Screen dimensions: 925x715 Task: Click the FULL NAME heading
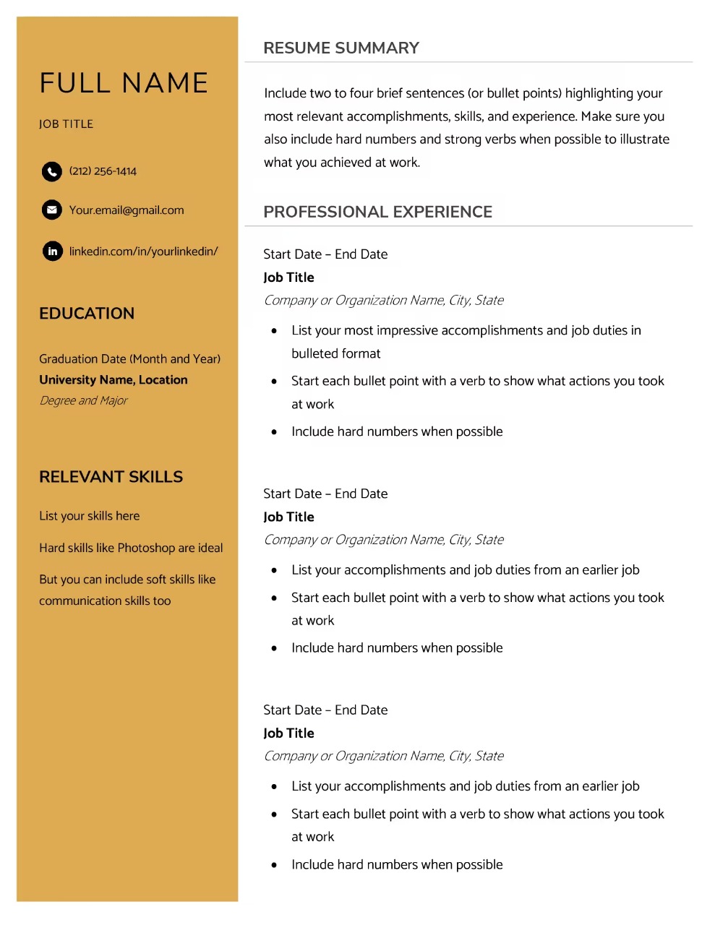pos(124,83)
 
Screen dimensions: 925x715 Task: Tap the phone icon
pos(51,171)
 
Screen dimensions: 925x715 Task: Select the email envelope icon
pos(51,210)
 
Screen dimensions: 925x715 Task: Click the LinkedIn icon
pos(52,251)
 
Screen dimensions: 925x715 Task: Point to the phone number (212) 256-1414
pos(103,171)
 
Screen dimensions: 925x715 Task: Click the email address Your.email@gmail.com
pos(127,210)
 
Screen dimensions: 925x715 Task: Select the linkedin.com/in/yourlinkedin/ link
pos(143,251)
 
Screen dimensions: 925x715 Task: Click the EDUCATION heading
pos(87,314)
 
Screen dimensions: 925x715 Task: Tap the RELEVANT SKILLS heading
pos(111,477)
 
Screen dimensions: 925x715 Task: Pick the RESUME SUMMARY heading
pos(341,48)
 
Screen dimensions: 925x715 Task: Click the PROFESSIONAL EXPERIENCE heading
pos(377,212)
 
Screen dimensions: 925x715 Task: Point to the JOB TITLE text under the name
pos(66,124)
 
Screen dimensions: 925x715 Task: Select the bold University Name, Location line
pos(114,380)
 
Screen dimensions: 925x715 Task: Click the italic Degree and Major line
pos(83,400)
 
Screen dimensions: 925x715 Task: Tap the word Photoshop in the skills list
pos(146,548)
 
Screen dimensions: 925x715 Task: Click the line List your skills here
pos(90,516)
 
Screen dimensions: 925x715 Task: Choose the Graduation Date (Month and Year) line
pos(129,359)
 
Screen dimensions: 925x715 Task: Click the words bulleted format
pos(335,353)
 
